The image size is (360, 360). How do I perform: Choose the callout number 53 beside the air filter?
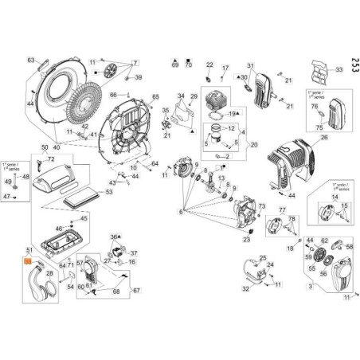pos(109,192)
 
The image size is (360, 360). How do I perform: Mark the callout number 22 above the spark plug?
pos(210,65)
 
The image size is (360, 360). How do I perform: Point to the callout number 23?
pos(247,240)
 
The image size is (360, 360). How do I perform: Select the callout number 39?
pos(138,77)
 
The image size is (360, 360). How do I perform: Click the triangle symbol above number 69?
pos(174,59)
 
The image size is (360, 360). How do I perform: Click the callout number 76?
pos(314,107)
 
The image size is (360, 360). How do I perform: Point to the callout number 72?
pos(84,263)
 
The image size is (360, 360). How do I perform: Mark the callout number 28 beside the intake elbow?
pos(49,273)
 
